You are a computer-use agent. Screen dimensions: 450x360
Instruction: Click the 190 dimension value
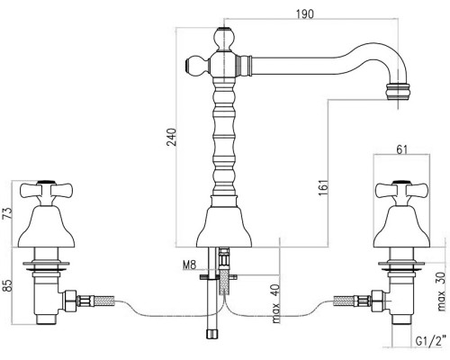pos(304,13)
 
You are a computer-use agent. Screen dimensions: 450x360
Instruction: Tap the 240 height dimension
pos(172,137)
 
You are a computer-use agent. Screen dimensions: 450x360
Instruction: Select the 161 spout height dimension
pos(324,188)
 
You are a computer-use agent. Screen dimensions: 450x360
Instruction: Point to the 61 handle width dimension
pos(402,149)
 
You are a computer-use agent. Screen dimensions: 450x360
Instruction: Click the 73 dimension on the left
pos(8,213)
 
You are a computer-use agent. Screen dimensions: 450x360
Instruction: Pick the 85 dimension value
pos(8,286)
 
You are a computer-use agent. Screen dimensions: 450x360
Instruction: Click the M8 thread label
pos(189,265)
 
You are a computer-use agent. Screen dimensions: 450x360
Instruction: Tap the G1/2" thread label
pos(429,341)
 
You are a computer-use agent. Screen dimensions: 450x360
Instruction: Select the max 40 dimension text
pos(276,303)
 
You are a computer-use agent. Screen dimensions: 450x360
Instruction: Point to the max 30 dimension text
pos(441,292)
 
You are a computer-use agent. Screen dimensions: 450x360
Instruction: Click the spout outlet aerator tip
pos(398,92)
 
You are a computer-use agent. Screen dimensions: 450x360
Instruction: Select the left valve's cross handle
pos(46,192)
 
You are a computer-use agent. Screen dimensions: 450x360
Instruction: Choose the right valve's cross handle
pos(402,192)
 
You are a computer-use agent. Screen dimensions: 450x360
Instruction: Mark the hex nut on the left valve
pos(69,301)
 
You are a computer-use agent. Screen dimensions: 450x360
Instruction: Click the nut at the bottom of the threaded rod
pos(212,334)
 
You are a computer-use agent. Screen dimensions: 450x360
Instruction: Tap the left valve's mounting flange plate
pos(46,265)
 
